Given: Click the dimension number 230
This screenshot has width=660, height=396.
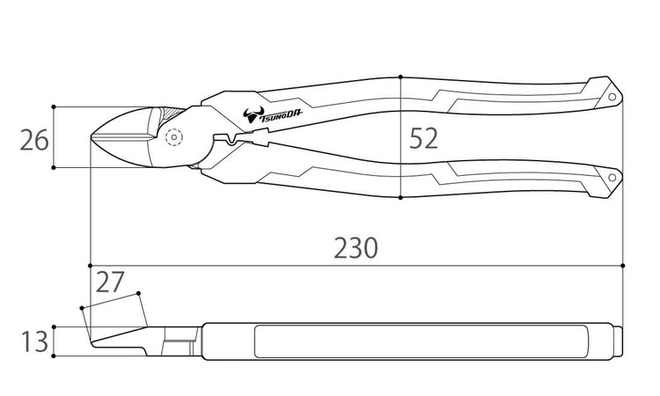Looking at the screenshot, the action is coord(356,248).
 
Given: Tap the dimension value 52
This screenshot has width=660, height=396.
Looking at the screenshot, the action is coord(423,138).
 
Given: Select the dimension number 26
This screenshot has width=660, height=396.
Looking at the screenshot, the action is coord(34,141).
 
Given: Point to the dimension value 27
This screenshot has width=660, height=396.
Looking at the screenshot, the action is coord(110,282).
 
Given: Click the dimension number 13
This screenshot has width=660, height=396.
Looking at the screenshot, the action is coord(34,341).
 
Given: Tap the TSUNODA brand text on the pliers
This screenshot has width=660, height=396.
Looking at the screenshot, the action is coord(281,116).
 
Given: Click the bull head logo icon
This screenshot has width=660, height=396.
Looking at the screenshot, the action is coord(253,114).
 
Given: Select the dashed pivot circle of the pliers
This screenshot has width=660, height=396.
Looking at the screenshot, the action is coord(174,137).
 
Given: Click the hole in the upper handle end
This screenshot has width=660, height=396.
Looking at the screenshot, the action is coord(612,97).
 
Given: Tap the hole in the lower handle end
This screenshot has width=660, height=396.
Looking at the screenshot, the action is coord(612,177).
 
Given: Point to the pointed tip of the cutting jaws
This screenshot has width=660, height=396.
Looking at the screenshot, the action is coord(92,136).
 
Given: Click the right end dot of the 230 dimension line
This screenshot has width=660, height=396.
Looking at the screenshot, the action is coord(622,266).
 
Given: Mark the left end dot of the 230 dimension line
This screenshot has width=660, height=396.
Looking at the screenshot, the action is coord(90,266).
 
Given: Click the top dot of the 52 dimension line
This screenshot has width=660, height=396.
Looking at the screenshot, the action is coord(400,77).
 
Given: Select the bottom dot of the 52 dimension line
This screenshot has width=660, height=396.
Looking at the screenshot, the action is coord(400,197).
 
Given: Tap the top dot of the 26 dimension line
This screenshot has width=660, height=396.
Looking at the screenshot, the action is coord(54,106).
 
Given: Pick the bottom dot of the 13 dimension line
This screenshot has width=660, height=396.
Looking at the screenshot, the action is coord(54,356).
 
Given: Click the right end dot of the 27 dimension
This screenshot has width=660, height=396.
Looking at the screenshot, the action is coord(138,293).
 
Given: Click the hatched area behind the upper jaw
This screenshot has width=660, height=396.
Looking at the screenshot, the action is coord(172,114).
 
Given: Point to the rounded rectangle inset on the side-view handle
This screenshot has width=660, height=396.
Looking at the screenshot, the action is coord(422,341).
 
